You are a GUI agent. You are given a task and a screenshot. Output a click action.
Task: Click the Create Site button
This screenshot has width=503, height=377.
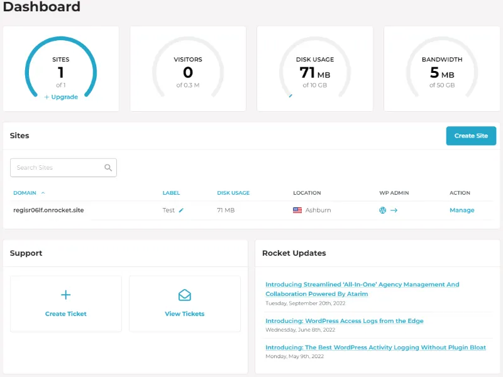click(471, 136)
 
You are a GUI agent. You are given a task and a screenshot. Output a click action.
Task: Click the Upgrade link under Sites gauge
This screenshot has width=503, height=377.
click(61, 97)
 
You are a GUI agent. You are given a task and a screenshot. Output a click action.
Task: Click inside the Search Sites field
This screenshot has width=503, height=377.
click(57, 168)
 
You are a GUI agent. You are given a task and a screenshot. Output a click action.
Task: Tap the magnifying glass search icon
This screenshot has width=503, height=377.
click(108, 168)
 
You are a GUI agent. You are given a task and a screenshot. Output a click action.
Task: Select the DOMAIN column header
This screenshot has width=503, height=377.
click(25, 193)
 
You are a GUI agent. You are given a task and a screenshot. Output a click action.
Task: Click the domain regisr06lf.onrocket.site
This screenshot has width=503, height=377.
click(48, 210)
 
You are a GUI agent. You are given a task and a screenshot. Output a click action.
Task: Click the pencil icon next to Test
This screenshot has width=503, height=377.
click(181, 210)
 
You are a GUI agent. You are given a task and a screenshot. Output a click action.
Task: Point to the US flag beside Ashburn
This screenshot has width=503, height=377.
click(297, 210)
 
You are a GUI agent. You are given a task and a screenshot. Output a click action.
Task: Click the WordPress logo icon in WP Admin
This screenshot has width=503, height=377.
click(382, 210)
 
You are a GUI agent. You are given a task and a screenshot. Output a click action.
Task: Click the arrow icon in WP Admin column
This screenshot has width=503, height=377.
click(394, 210)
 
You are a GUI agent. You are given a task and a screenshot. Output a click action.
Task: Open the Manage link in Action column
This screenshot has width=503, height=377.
click(462, 210)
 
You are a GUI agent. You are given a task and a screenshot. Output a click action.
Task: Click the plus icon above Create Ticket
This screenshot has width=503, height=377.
click(65, 295)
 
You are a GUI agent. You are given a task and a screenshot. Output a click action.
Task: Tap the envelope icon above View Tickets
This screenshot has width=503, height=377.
click(184, 295)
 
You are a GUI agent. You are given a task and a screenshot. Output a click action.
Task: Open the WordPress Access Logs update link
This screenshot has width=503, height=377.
click(344, 320)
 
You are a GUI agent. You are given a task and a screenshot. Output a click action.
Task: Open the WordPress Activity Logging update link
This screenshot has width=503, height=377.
click(375, 347)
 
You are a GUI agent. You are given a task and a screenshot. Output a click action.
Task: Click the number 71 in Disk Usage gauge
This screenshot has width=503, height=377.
click(307, 73)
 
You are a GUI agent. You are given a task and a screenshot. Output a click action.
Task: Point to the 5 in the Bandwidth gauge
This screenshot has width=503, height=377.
click(434, 73)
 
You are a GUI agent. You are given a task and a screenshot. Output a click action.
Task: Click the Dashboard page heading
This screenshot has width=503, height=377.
click(41, 8)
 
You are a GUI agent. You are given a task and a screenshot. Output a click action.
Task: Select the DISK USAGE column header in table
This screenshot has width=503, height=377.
click(233, 193)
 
